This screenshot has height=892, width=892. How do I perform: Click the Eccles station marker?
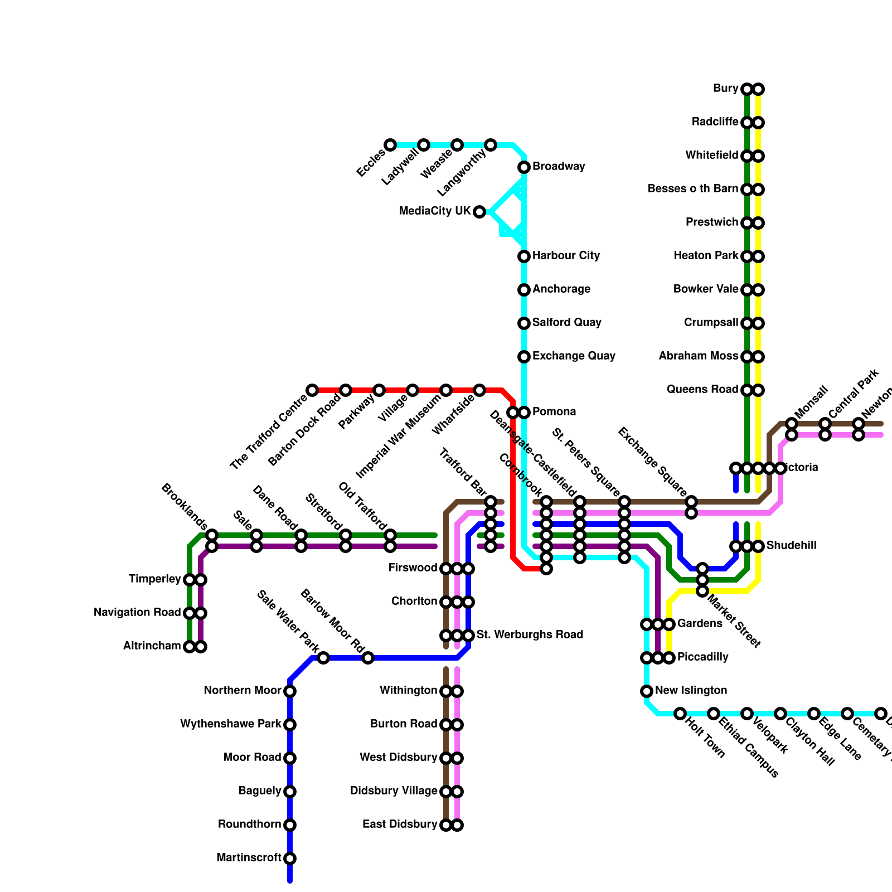(390, 145)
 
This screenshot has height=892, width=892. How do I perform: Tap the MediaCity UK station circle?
(479, 212)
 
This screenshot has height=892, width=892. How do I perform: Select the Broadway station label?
(559, 167)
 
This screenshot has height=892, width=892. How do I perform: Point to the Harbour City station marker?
(524, 256)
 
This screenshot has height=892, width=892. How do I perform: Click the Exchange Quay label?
(574, 356)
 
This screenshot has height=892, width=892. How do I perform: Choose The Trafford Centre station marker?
(312, 390)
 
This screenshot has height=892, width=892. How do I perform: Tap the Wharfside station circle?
(479, 390)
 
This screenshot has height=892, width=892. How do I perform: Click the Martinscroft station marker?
(290, 859)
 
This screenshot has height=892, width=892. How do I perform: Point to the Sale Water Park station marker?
(323, 658)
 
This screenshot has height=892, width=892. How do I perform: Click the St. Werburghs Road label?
(530, 635)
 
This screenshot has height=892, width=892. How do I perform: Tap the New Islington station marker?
(647, 691)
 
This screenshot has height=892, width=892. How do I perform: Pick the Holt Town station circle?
(680, 714)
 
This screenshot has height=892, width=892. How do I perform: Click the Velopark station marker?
(747, 714)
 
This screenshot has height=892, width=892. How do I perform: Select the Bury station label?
(725, 89)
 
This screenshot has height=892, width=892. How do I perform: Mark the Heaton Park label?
(706, 256)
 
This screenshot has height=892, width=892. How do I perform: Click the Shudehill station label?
(791, 546)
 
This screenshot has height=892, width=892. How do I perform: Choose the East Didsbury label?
(400, 825)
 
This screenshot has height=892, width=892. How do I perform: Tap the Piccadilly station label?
(702, 657)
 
